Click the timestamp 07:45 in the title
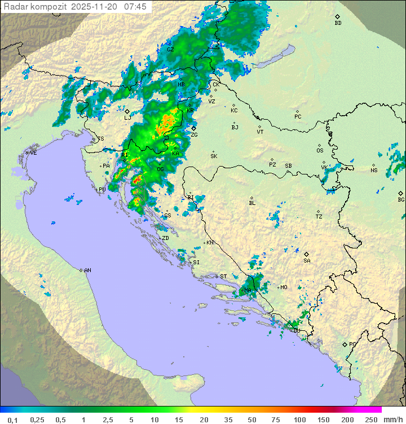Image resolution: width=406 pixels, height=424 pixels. click(135, 7)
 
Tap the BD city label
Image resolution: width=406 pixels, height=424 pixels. click(338, 23)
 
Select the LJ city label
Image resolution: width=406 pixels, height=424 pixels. click(127, 117)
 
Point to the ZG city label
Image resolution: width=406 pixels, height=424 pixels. click(194, 135)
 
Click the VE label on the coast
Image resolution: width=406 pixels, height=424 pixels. click(33, 152)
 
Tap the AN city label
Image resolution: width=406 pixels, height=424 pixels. click(87, 270)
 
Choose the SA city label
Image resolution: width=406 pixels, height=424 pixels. click(307, 260)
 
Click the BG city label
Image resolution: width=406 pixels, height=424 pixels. click(401, 199)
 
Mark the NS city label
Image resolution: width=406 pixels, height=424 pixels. click(374, 171)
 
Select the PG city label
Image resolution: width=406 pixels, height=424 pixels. click(352, 344)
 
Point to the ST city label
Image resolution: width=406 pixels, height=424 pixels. click(223, 276)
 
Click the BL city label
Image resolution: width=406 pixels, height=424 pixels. click(252, 203)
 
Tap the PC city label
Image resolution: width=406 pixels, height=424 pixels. click(298, 116)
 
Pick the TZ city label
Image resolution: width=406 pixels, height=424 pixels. click(319, 216)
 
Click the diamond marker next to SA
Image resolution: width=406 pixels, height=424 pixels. click(307, 254)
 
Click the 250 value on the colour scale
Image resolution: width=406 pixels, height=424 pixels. click(370, 419)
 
